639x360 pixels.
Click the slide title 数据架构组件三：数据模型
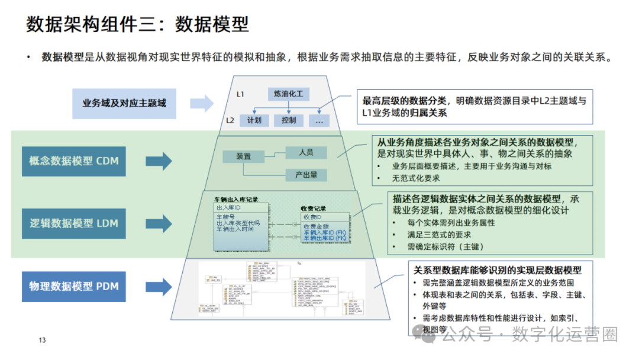tap(137, 24)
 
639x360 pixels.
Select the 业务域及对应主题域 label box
tap(124, 103)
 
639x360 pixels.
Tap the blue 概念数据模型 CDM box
tap(74, 160)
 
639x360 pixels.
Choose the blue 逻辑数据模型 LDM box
tap(74, 223)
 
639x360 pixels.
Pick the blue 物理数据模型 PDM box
tap(74, 287)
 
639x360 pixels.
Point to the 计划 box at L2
tap(254, 120)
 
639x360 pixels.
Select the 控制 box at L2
tap(289, 120)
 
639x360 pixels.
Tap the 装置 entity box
tap(243, 156)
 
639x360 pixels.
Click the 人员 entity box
tap(306, 152)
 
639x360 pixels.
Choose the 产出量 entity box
tap(306, 175)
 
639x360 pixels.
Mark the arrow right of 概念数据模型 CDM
tap(159, 161)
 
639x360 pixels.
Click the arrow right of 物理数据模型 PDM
tap(159, 287)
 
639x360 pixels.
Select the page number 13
tap(42, 340)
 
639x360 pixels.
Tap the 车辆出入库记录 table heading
tap(236, 200)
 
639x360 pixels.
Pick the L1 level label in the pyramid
tap(241, 94)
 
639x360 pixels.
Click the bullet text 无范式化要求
tap(416, 178)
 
